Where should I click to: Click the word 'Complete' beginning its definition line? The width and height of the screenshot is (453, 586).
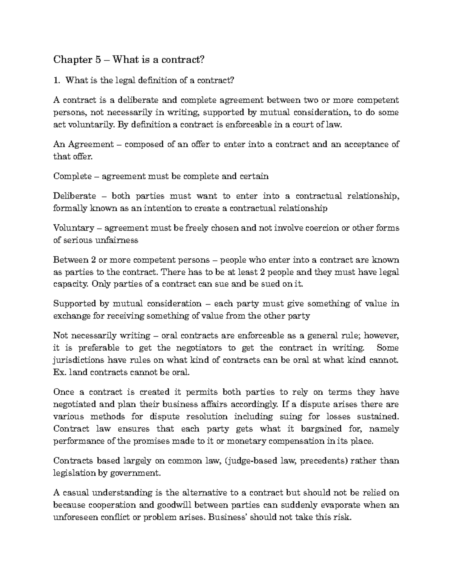[72, 176]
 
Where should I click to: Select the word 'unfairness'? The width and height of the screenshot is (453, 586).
[119, 240]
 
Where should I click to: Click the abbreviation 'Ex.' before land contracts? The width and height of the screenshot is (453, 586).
[60, 372]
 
